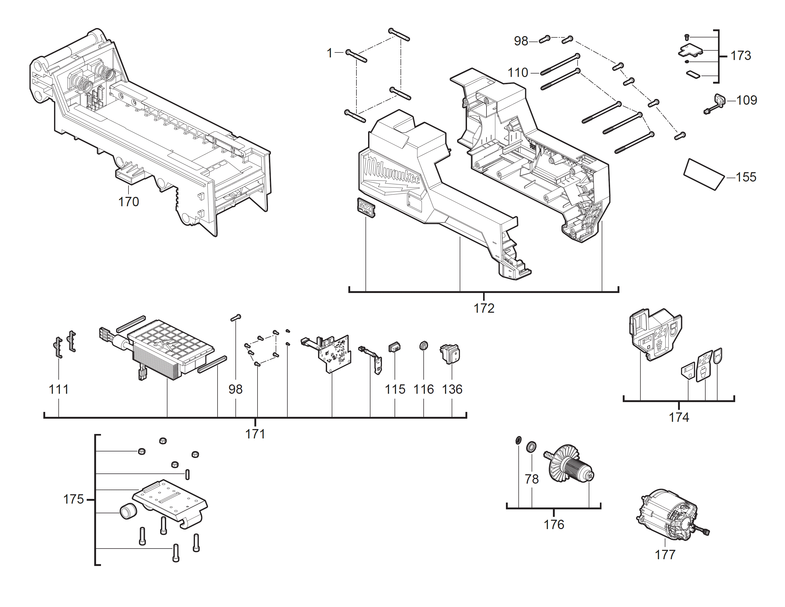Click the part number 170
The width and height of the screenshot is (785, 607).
click(128, 202)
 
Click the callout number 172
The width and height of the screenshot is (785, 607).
click(484, 308)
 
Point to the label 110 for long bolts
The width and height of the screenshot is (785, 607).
click(518, 73)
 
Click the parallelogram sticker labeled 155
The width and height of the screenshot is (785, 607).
click(703, 174)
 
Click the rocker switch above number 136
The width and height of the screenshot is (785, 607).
click(450, 353)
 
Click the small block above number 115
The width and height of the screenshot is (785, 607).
click(394, 347)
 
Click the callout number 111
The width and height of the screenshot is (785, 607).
click(59, 389)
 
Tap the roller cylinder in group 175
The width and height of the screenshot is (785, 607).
click(128, 511)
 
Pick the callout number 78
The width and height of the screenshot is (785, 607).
click(532, 479)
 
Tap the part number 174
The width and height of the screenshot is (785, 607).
click(679, 417)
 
